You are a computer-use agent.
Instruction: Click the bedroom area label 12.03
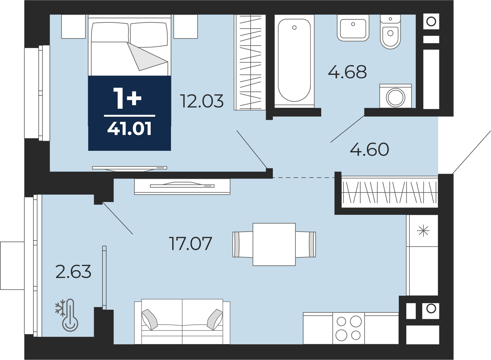[202, 101]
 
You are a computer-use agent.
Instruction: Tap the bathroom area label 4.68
[348, 72]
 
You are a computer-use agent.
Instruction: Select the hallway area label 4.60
[369, 149]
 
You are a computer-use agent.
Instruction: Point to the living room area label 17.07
[190, 243]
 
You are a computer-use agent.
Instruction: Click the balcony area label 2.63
[73, 272]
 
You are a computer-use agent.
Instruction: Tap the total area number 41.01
[129, 129]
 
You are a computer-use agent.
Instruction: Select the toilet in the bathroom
[390, 32]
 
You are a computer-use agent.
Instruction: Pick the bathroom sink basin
[353, 28]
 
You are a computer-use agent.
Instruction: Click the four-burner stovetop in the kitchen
[348, 328]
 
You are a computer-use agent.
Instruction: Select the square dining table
[274, 244]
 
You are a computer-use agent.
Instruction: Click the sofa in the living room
[182, 322]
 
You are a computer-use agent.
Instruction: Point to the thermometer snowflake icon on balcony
[67, 315]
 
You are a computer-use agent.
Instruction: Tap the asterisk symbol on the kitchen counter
[423, 231]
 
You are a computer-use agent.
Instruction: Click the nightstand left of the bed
[73, 27]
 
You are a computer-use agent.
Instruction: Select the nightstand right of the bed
[186, 27]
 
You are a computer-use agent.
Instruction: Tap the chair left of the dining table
[243, 244]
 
